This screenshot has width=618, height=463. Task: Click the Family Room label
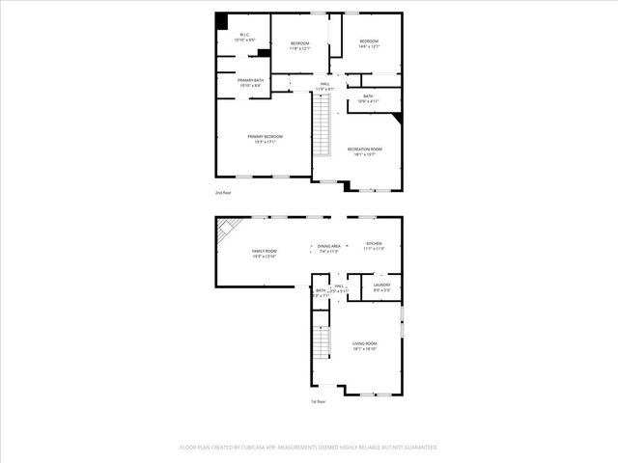pos(265,253)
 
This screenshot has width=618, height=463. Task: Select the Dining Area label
pos(328,249)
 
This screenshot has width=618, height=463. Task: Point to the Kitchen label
pos(374,246)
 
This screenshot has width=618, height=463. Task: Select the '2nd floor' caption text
pos(223,193)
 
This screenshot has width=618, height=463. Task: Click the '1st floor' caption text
pos(318,401)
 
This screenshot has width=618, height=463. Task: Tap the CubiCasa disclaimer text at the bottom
pos(309,448)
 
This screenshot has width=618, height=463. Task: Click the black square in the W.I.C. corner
pos(221,21)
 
